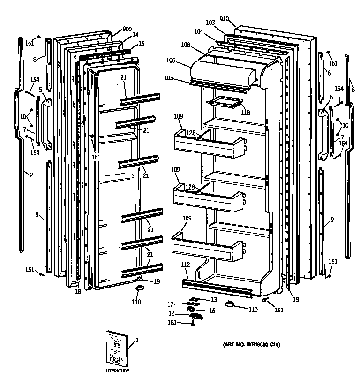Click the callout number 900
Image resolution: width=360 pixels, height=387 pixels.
[x=127, y=29]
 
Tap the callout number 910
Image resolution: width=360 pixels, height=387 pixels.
[x=224, y=19]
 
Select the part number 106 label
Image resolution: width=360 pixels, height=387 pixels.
[x=170, y=60]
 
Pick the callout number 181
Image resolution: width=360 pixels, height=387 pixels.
[x=172, y=322]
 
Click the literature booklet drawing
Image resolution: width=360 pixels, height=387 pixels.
[x=115, y=348]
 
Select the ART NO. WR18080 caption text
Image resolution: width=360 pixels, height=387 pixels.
[x=251, y=345]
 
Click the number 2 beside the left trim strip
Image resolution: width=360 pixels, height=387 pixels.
[x=31, y=175]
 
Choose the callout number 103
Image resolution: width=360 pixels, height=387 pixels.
[x=210, y=23]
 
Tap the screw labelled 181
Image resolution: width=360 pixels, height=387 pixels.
[x=193, y=324]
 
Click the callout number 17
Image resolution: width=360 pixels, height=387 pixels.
[x=171, y=304]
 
